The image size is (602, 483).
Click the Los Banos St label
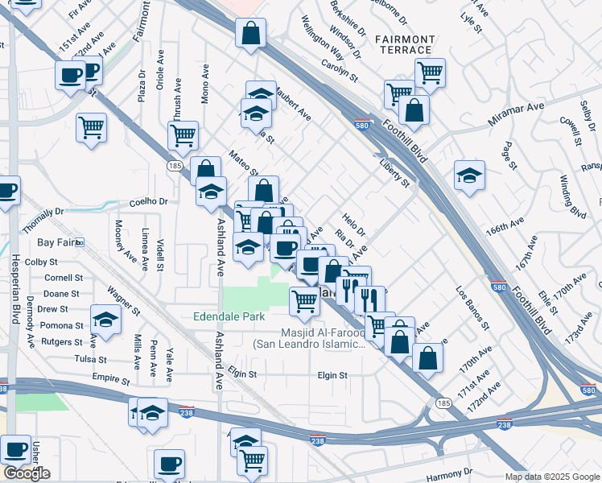[472, 308]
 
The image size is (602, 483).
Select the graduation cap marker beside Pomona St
[105, 320]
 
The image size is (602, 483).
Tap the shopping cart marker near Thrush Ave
[183, 134]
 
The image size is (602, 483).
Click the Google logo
[27, 473]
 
